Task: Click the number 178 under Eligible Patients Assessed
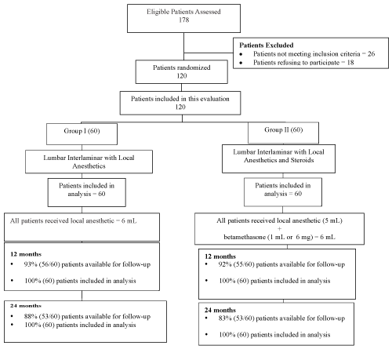tap(183, 20)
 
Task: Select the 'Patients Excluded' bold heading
tap(267, 45)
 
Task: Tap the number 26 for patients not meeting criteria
tap(371, 54)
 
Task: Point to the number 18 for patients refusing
tap(350, 63)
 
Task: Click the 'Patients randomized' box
tap(182, 72)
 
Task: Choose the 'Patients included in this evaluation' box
tap(180, 103)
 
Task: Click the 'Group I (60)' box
tap(82, 134)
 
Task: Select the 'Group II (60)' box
tap(283, 133)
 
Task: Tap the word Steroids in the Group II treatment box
tap(302, 160)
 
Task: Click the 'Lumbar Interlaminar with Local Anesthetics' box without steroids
tap(89, 162)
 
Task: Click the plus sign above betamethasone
tap(279, 229)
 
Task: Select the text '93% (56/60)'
tap(42, 264)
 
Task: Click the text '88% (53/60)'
tap(42, 317)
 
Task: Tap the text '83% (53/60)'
tap(236, 318)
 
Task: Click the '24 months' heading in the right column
tap(220, 311)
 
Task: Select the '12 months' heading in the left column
tap(26, 254)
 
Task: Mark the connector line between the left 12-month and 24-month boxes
tap(82, 296)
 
